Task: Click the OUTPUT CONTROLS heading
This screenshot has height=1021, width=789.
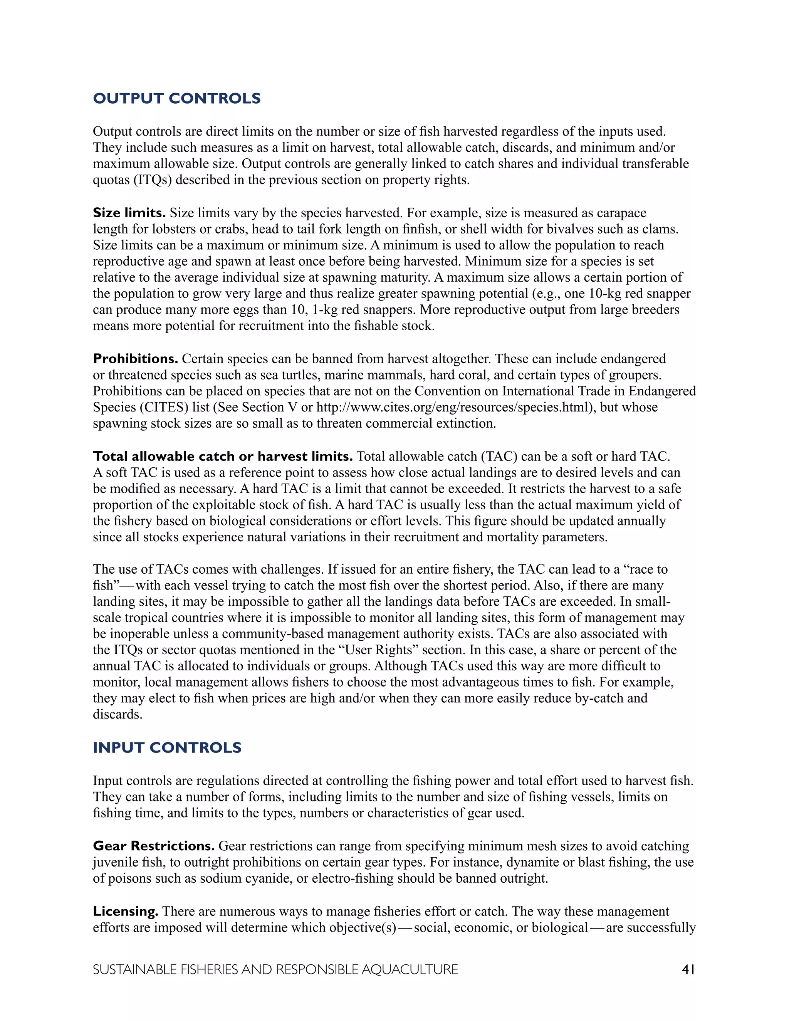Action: pos(177,99)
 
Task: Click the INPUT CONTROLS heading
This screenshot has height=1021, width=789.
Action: pos(167,747)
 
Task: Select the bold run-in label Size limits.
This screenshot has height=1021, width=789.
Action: pos(129,213)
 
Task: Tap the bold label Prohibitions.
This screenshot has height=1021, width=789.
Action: pos(136,359)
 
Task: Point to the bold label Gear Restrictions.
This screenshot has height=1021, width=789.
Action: pos(154,846)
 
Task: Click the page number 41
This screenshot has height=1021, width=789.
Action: pos(688,970)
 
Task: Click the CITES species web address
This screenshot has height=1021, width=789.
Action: pos(455,408)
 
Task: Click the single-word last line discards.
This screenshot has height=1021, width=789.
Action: pos(118,715)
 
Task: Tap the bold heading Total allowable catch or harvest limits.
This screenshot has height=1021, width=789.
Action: pos(223,457)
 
